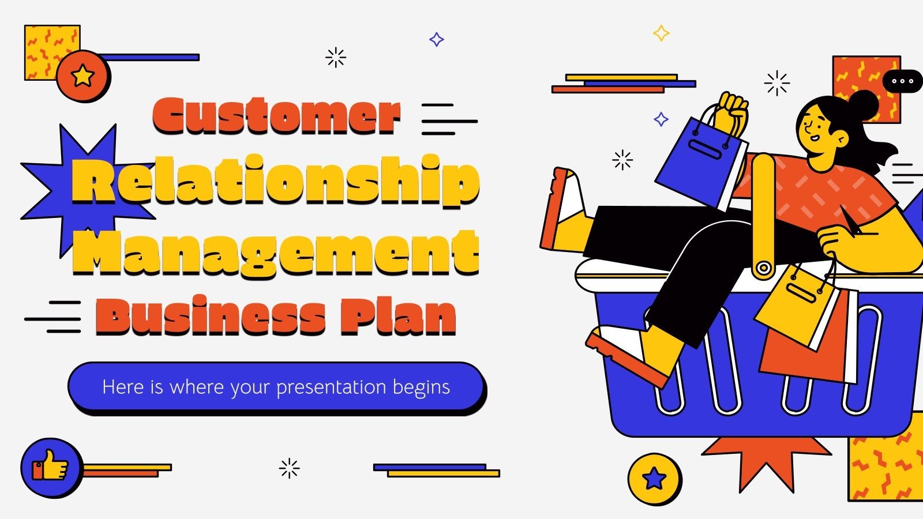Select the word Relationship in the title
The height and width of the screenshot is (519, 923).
point(276,181)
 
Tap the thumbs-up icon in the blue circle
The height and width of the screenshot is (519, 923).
point(51,466)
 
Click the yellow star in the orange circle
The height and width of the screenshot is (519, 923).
point(83,76)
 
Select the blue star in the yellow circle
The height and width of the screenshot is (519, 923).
point(654,478)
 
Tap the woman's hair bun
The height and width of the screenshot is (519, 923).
point(864,104)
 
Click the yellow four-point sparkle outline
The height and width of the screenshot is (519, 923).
point(661,33)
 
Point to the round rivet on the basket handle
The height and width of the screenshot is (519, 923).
point(763,268)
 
